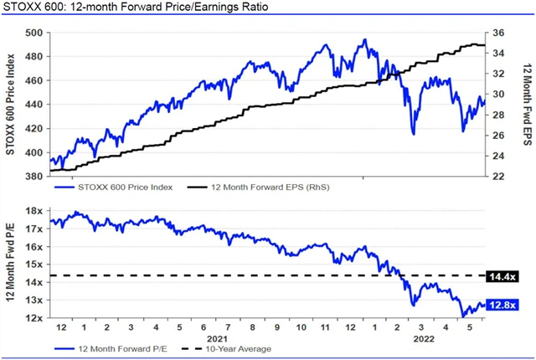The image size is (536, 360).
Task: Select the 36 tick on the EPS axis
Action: pos(497,33)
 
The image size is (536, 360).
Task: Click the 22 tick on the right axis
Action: pos(497,177)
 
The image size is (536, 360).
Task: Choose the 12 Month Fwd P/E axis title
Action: pos(11,265)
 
